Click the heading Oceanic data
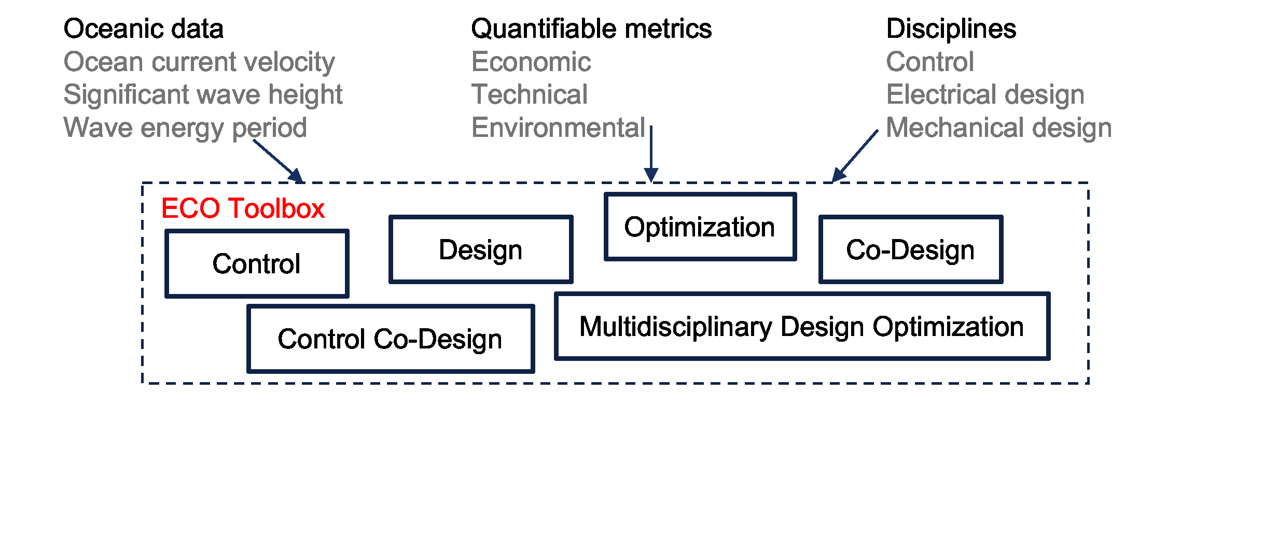point(143,29)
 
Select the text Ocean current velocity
point(199,62)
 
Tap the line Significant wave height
point(203,95)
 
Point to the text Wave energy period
point(185,128)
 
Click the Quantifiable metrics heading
point(591,29)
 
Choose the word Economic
point(531,62)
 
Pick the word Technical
point(530,95)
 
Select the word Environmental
point(558,128)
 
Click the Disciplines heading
point(951,29)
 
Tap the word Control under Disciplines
point(930,62)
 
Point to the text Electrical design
point(985,95)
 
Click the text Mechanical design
point(999,128)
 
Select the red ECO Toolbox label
point(243,208)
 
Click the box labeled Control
point(257,263)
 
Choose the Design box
point(481,249)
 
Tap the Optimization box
point(700,227)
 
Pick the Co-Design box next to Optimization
point(910,249)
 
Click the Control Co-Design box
point(390,339)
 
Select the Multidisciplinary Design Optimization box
point(802,327)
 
